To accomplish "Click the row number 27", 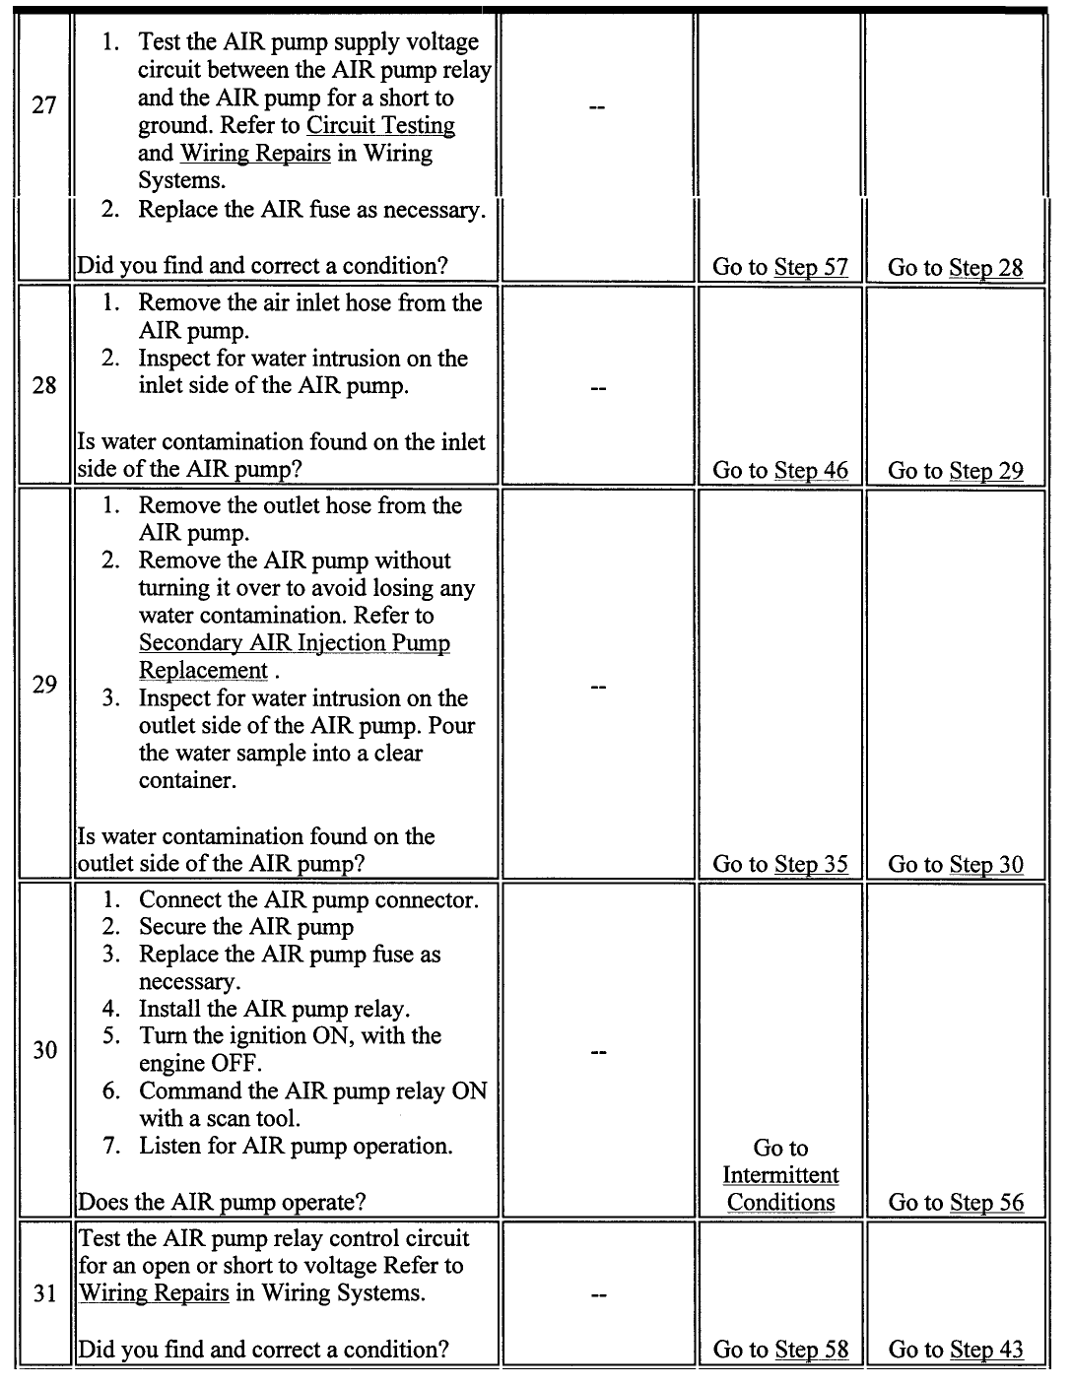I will (x=44, y=105).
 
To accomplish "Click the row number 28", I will (x=44, y=385).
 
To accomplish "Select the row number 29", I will (x=44, y=684).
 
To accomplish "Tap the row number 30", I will (x=44, y=1050).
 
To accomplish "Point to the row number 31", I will (x=44, y=1293).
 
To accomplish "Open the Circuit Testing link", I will (x=380, y=126).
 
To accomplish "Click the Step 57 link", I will (x=811, y=267).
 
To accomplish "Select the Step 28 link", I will (x=985, y=267).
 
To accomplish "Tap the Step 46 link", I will (x=811, y=470).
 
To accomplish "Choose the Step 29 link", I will (x=985, y=471).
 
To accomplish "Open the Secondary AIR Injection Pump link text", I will (x=294, y=643).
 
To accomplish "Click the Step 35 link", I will (x=811, y=864).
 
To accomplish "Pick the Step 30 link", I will (x=985, y=864).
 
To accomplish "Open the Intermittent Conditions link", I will (x=780, y=1189).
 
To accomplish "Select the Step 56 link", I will (x=985, y=1202).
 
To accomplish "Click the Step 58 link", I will (x=811, y=1350).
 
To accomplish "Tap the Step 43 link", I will (x=985, y=1350).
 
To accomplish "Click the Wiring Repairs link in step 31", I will (x=154, y=1293).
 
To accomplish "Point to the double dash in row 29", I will (x=596, y=687).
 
